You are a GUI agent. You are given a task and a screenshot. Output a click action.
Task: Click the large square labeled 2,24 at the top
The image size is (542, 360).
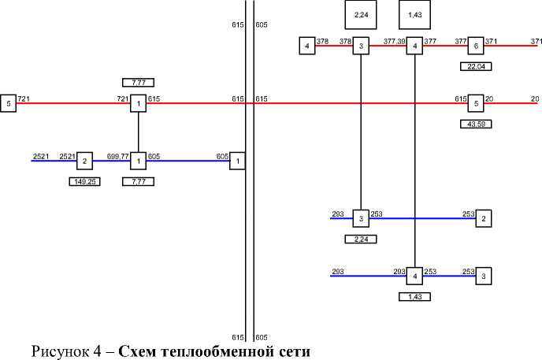click(361, 15)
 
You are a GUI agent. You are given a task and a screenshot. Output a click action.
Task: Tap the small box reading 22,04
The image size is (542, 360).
click(475, 66)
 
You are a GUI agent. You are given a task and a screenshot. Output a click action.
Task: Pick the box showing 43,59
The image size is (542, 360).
click(475, 124)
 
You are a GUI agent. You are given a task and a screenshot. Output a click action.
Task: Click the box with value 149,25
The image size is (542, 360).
click(84, 181)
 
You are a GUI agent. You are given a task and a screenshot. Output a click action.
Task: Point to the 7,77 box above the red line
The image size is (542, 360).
click(138, 82)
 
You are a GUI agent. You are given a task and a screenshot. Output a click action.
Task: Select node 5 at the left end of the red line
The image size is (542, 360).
click(8, 103)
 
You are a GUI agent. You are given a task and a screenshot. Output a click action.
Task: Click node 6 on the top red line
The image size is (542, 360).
click(476, 46)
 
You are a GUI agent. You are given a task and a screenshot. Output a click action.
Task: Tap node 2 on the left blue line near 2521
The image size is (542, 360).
click(84, 161)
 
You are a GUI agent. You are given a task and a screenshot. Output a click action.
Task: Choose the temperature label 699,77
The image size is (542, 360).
click(117, 157)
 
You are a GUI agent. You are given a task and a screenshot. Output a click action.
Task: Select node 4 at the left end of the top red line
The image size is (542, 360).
click(306, 46)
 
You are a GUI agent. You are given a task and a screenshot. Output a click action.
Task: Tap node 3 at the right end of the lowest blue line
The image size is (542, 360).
click(484, 276)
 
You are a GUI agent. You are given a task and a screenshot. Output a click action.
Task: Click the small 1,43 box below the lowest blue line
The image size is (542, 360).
click(414, 296)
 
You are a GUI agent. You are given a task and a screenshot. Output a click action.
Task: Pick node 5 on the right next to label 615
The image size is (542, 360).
click(476, 103)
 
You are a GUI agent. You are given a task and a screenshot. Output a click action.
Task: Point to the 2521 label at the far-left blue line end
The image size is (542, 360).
click(41, 157)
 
